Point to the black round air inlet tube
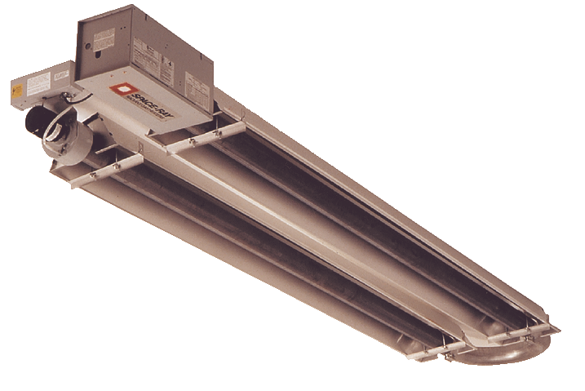pos(37,123)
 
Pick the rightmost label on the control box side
pos(197,82)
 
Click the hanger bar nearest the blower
pos(106,167)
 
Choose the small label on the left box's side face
pos(61,74)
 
